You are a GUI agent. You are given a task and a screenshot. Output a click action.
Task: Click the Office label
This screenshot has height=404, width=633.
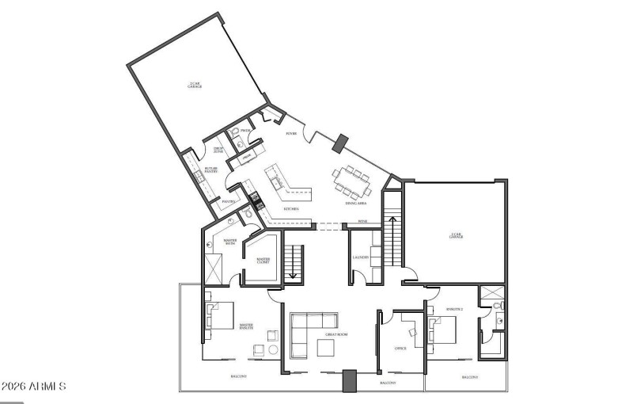coord(400,348)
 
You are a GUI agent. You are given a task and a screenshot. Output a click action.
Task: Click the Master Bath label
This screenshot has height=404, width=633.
coord(230,242)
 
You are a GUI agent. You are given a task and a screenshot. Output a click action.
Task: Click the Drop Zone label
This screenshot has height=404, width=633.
coord(219,150)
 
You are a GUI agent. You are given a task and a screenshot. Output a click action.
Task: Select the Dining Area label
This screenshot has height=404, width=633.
coord(354,203)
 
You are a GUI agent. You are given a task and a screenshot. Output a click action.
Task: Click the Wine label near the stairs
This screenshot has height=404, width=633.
coord(362,221)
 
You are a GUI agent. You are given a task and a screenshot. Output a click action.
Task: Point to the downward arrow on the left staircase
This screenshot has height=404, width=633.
coord(294,273)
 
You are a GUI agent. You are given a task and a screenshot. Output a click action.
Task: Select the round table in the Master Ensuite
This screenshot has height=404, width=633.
coord(273,349)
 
